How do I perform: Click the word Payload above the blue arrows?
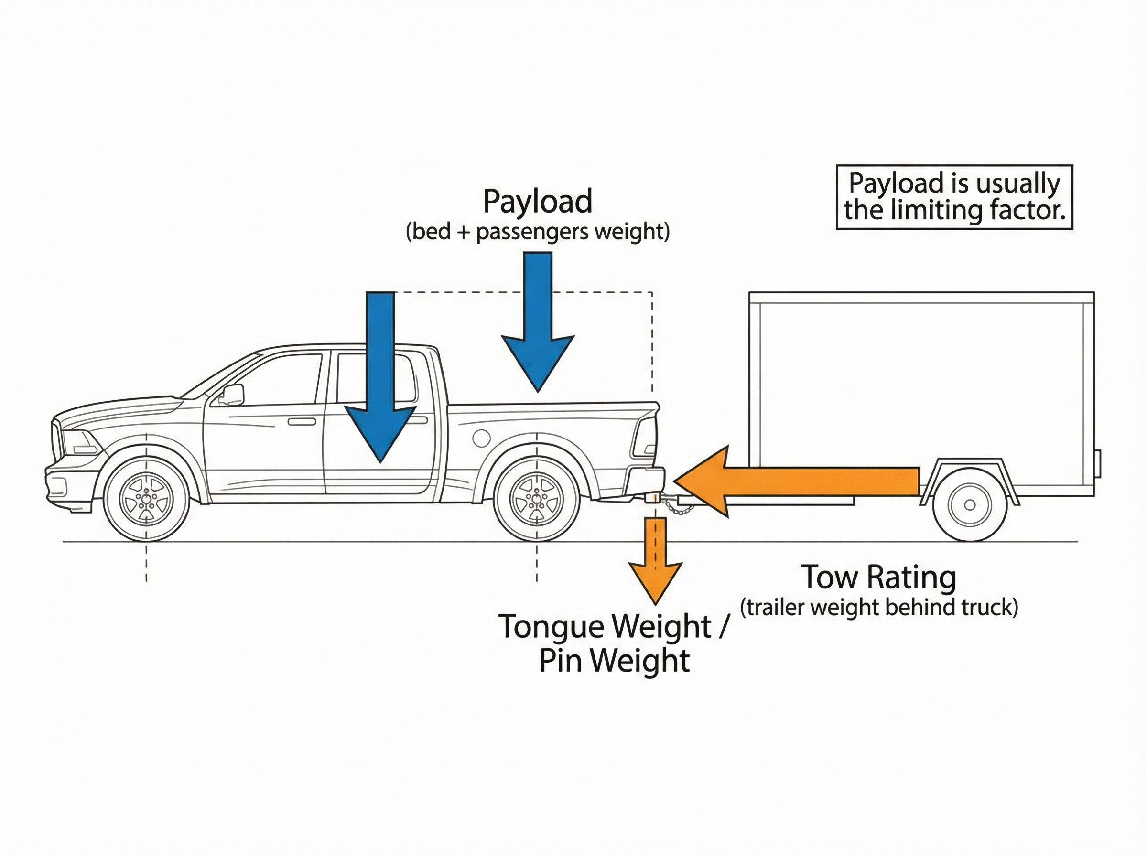pos(538,202)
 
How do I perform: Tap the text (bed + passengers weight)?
pos(538,232)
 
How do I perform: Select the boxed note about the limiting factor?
pos(954,197)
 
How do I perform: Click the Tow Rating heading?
pos(878,577)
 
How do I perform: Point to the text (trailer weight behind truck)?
pos(878,607)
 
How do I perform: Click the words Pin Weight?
pos(614,660)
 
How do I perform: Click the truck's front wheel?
pos(147,499)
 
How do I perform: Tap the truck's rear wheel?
pos(536,499)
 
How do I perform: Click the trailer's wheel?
pos(969,505)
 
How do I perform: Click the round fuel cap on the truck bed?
pos(482,438)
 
